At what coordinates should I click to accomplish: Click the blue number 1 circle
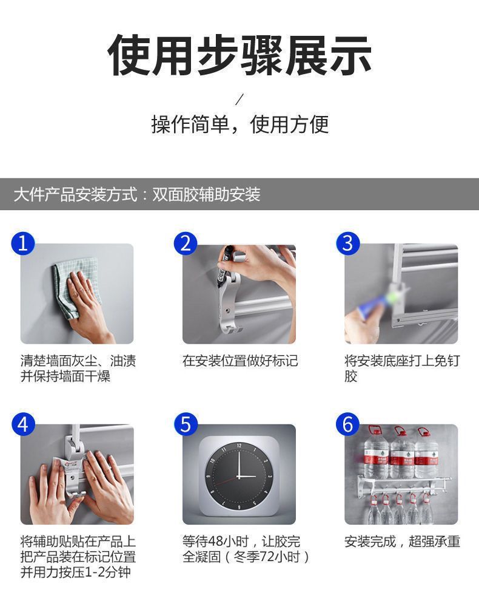coord(23,243)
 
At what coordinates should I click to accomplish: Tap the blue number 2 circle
coord(186,243)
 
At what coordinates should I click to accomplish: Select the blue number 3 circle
coord(347,243)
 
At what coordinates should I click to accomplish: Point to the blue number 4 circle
coord(23,424)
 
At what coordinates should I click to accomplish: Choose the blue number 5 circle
coord(186,424)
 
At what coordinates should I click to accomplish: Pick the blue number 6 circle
coord(347,424)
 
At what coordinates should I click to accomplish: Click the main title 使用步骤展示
coord(239,55)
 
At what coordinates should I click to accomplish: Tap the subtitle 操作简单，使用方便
coord(239,124)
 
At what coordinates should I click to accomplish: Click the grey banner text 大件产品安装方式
coord(76,194)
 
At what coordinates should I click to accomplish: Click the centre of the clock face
coord(239,476)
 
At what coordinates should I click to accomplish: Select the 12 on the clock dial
coord(239,446)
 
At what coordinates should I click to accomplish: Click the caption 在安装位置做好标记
coord(240,361)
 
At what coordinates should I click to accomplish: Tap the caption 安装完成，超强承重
coord(402,541)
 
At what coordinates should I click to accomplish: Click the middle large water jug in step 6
coord(401,452)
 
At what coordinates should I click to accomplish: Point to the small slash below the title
coord(239,100)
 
